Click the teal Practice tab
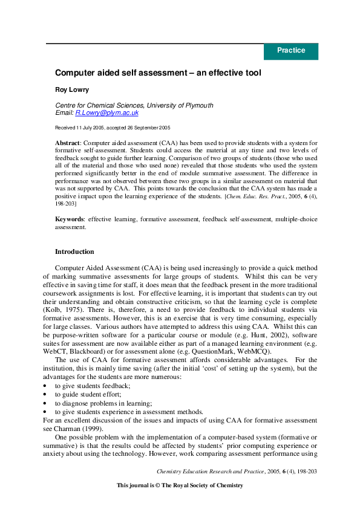pos(291,51)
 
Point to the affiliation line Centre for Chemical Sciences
pos(134,105)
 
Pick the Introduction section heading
pos(74,251)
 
